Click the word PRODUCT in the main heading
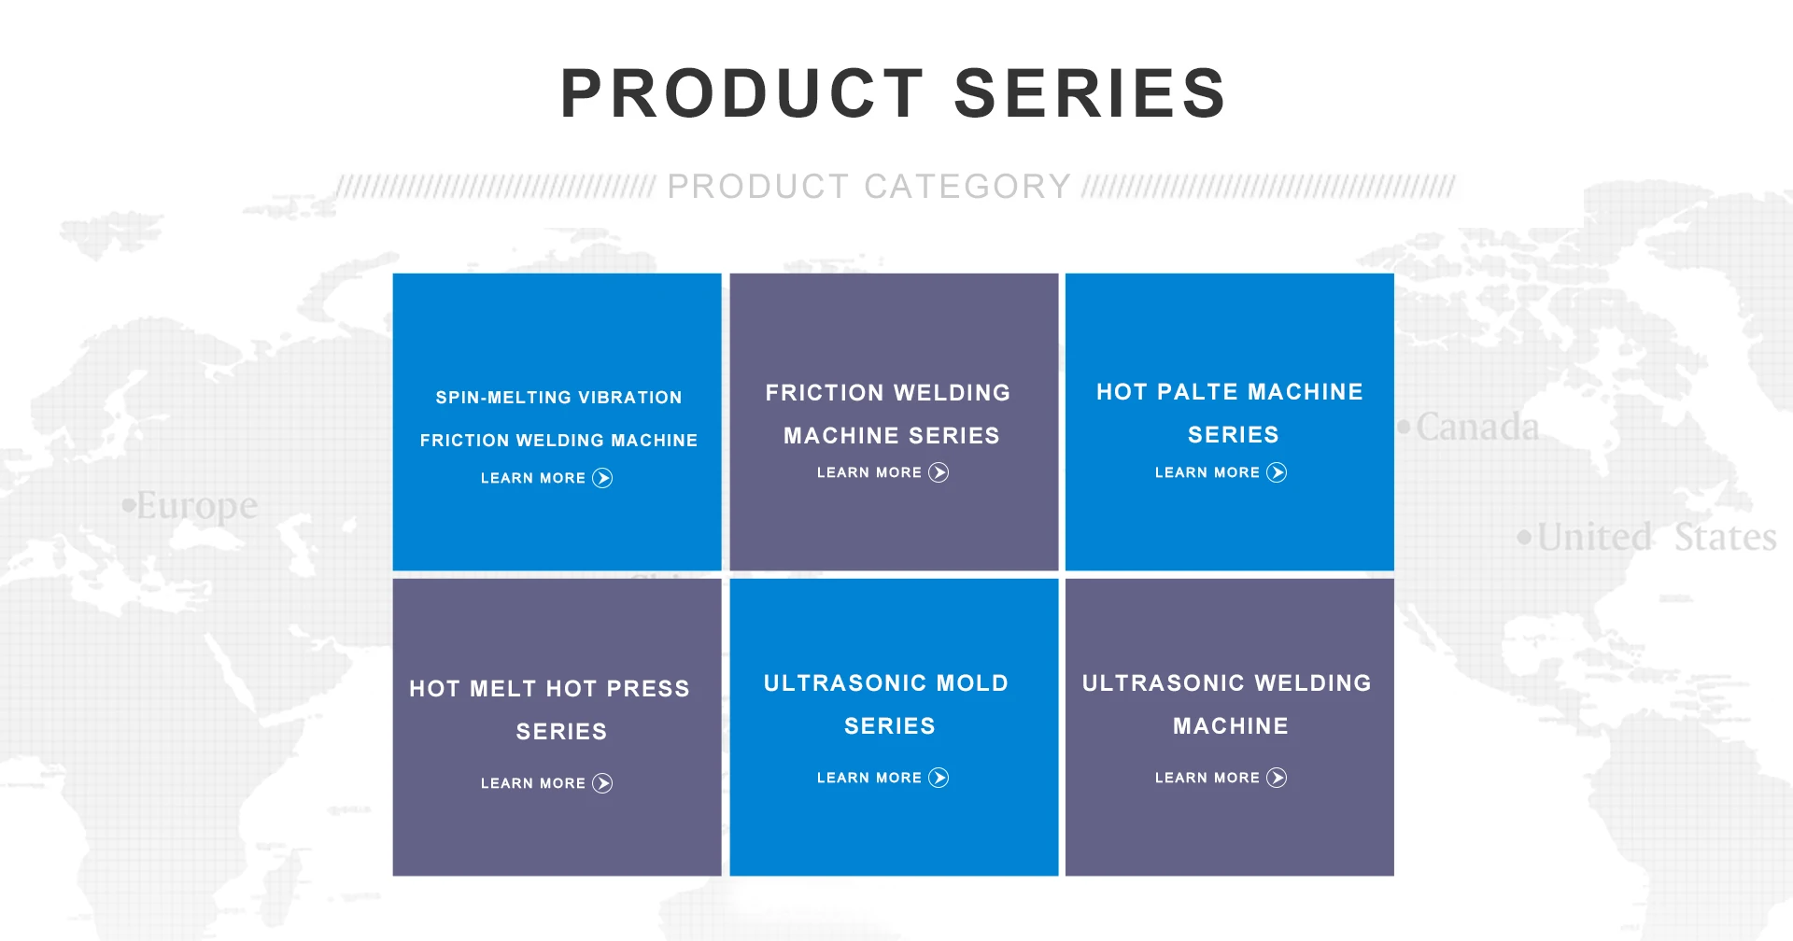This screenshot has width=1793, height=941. (x=742, y=93)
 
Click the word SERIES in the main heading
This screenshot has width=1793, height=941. (x=1090, y=93)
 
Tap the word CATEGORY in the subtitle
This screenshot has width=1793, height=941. (x=967, y=187)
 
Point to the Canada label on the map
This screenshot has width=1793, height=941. (x=1477, y=427)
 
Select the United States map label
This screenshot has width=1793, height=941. (x=1657, y=537)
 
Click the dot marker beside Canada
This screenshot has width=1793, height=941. (x=1404, y=428)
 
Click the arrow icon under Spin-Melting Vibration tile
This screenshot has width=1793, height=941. (x=602, y=478)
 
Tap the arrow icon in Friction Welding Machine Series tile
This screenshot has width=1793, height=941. (x=939, y=472)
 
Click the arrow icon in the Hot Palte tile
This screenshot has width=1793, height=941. (x=1277, y=472)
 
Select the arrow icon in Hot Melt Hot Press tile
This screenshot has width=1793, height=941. (x=602, y=783)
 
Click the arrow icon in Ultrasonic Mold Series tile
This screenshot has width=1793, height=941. (x=939, y=778)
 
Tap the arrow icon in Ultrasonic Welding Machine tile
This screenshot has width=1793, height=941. (x=1277, y=778)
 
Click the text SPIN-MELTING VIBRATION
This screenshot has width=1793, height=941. (x=558, y=398)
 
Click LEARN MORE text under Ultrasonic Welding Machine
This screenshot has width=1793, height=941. (x=1207, y=778)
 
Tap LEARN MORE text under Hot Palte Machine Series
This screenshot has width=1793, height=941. (x=1207, y=472)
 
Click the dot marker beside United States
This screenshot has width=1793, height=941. (x=1524, y=537)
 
